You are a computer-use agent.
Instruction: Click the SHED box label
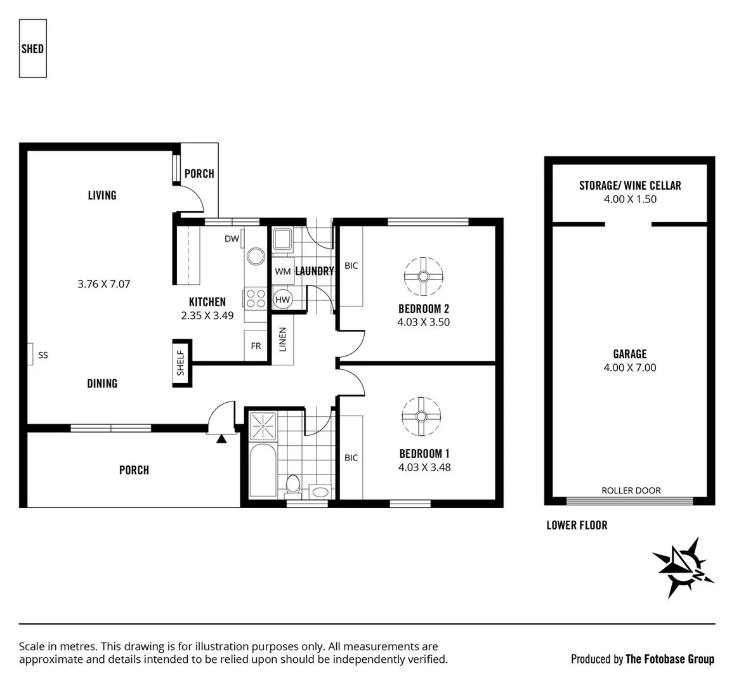[32, 48]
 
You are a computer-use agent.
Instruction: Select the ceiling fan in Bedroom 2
[423, 276]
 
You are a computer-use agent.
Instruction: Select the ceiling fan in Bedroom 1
[421, 416]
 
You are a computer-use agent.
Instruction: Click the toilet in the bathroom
[293, 485]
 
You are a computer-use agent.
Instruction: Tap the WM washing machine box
[283, 271]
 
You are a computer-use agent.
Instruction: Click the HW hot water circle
[283, 299]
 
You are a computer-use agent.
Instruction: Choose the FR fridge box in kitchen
[256, 346]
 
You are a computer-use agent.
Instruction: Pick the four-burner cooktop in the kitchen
[255, 298]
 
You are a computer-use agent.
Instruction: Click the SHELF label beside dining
[181, 363]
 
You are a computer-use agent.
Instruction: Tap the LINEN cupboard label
[282, 339]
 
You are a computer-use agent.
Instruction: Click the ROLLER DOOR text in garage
[631, 490]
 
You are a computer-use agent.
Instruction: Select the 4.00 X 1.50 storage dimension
[630, 199]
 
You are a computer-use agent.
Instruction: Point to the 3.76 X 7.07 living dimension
[104, 284]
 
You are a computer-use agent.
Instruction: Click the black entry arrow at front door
[221, 438]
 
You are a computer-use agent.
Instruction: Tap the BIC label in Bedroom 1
[351, 458]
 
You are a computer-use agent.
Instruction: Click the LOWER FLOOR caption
[577, 525]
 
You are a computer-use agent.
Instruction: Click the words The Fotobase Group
[669, 659]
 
